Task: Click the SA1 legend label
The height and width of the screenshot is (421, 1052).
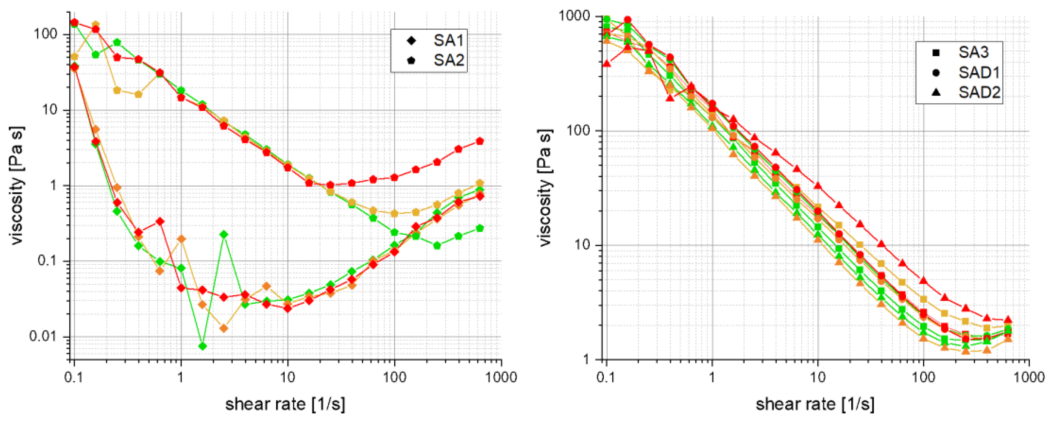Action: pos(448,41)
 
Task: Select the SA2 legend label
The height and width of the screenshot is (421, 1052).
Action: pos(448,60)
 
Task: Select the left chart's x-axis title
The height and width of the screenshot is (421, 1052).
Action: pos(285,404)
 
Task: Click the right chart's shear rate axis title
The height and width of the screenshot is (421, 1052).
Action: pos(815,404)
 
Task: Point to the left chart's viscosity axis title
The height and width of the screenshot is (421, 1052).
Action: pos(17,186)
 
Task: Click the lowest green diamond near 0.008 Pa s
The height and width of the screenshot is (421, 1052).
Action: pos(203,346)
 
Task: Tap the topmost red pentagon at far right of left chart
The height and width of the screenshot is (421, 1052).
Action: pos(480,141)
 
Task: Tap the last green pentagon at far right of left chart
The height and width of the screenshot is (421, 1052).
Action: pos(480,228)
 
